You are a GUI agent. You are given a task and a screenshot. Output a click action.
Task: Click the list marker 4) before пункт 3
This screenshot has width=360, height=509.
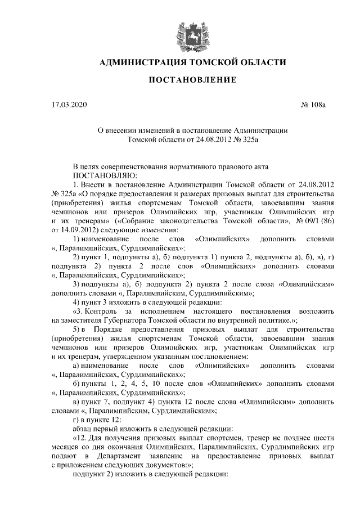click(x=77, y=301)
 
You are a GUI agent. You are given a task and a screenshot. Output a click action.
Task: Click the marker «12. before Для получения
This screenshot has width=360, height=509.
click(x=81, y=438)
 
